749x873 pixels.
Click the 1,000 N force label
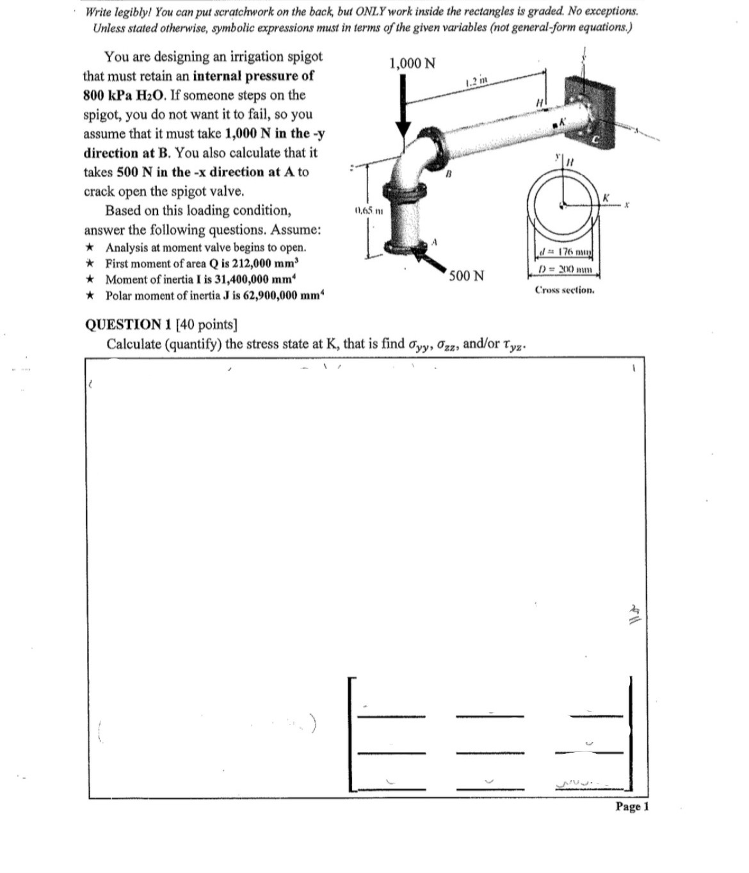[412, 63]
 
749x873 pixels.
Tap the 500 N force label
[466, 276]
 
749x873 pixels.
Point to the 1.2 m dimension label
[478, 81]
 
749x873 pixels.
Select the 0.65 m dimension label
[364, 211]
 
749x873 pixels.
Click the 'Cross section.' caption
[565, 290]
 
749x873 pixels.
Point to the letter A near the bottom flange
[434, 242]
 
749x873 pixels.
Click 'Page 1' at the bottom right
[631, 806]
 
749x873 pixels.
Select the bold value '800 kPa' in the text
[107, 95]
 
